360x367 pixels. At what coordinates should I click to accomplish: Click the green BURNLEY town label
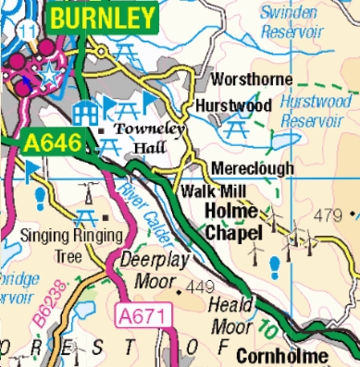pos(103,17)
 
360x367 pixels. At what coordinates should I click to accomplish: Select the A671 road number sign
pos(141,316)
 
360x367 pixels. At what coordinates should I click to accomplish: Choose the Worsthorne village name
pos(253,80)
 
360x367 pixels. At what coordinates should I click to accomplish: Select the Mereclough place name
pos(253,168)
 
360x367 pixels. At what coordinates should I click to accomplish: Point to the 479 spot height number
pos(330,215)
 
